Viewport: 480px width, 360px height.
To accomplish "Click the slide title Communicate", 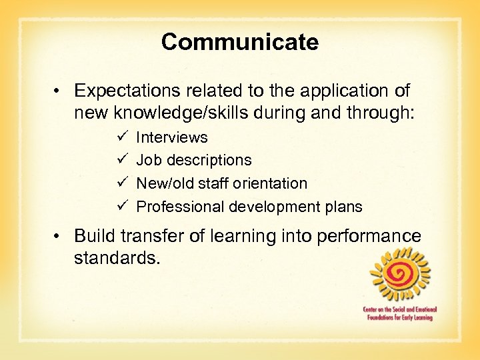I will (x=240, y=42).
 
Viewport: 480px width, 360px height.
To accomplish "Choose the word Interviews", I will (x=171, y=137).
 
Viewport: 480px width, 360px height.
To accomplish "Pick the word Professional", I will (x=180, y=207).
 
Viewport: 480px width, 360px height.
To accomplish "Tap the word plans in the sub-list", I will (x=345, y=207).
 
